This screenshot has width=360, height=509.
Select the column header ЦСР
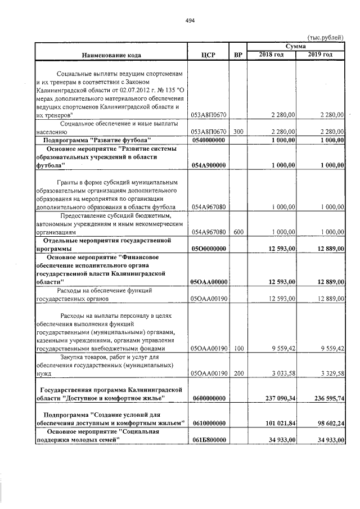208,55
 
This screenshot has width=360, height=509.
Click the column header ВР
238,55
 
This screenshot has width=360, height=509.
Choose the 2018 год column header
271,55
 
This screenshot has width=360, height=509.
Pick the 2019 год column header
320,55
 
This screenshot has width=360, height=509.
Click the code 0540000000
209,139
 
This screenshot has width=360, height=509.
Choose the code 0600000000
209,398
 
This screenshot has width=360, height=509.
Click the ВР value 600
238,231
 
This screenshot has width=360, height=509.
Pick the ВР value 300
238,132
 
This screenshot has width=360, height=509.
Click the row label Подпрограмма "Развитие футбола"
105,139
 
